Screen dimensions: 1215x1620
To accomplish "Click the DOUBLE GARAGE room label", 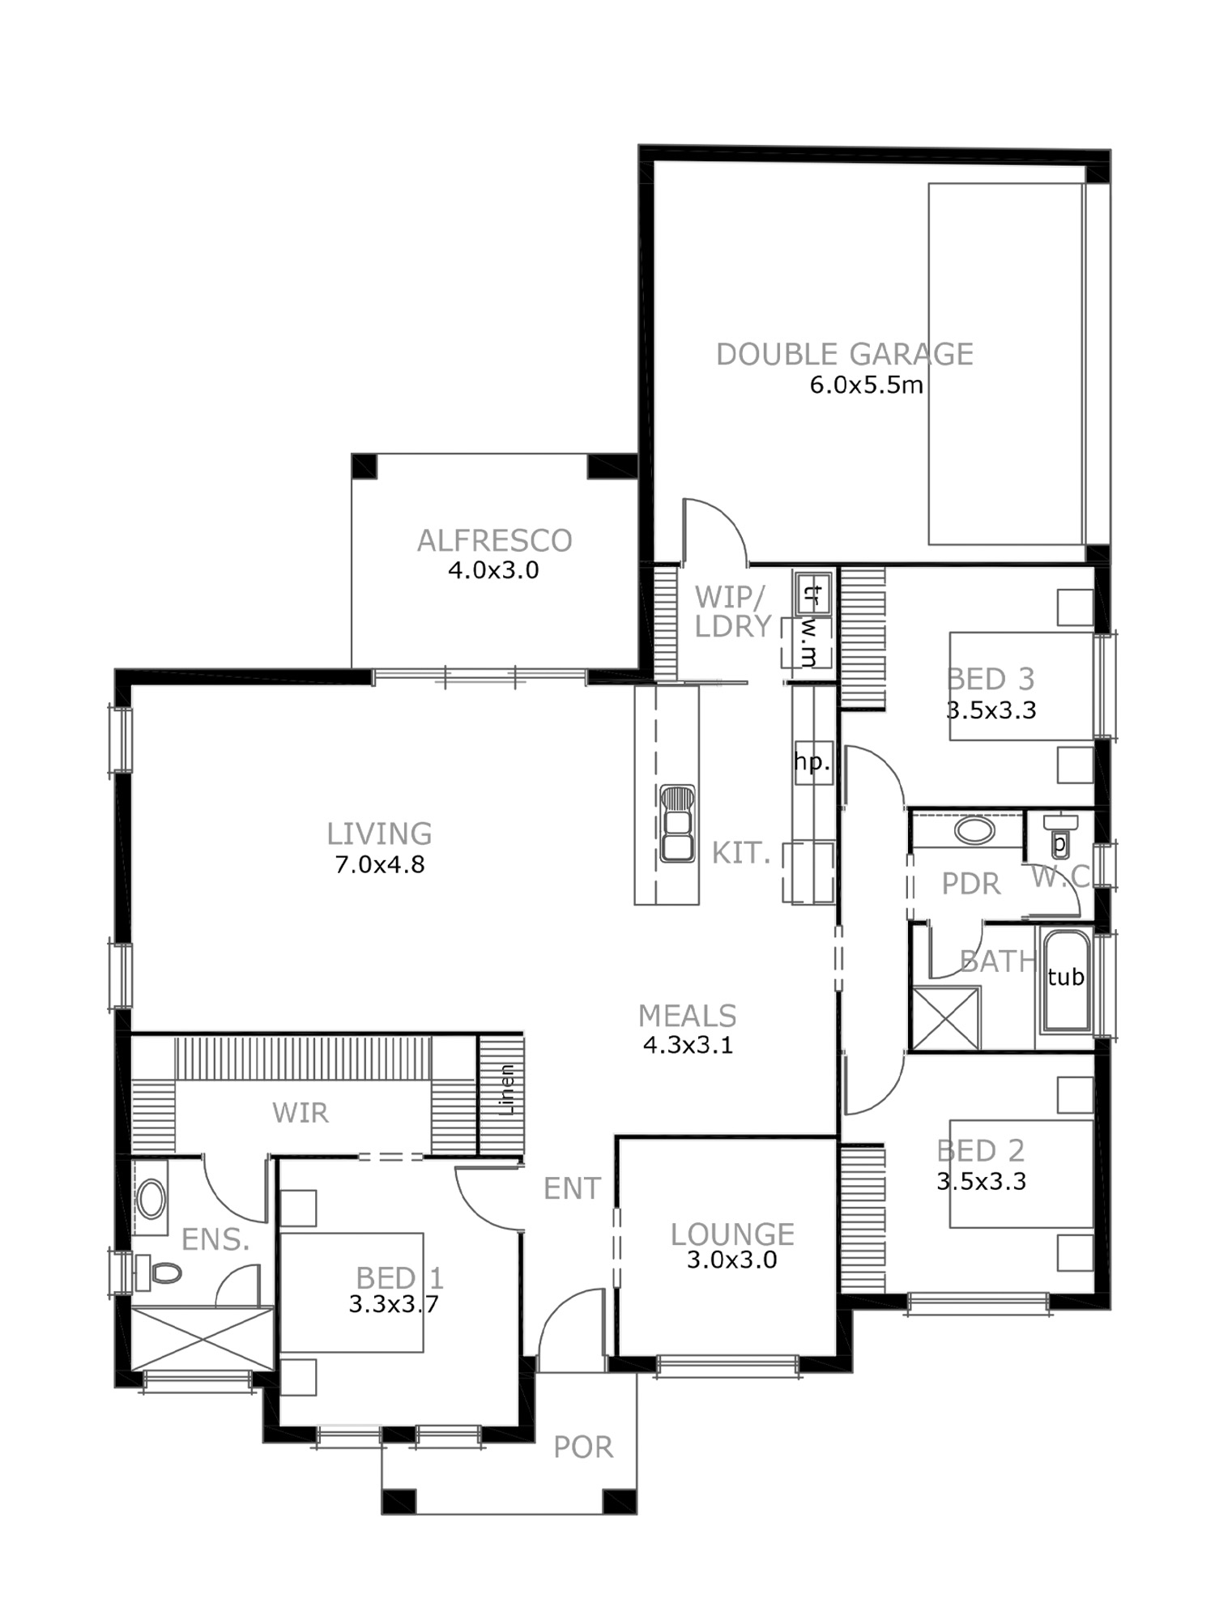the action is [845, 355].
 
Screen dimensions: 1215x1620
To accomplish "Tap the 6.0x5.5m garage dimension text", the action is [866, 385].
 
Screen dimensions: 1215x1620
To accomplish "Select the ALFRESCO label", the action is [494, 541].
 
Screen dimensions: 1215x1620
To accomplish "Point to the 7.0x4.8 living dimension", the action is [379, 864].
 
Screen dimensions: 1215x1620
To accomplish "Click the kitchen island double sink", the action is [677, 823].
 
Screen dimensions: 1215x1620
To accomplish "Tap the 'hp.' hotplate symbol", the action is [812, 762].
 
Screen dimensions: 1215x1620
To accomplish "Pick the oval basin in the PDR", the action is [975, 831].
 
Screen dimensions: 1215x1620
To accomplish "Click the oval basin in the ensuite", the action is [151, 1199].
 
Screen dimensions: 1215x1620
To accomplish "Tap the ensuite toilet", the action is [159, 1273].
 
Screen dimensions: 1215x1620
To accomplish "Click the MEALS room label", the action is [687, 1016].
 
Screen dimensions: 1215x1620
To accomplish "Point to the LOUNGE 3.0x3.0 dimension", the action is [732, 1260].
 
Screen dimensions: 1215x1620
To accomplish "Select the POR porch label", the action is [583, 1447].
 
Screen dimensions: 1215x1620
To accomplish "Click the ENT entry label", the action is [572, 1188].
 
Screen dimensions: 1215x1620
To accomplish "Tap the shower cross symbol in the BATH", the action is [945, 1018].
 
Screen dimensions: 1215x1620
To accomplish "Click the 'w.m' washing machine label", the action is [808, 644].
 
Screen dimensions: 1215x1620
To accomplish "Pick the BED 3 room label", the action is [991, 679].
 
